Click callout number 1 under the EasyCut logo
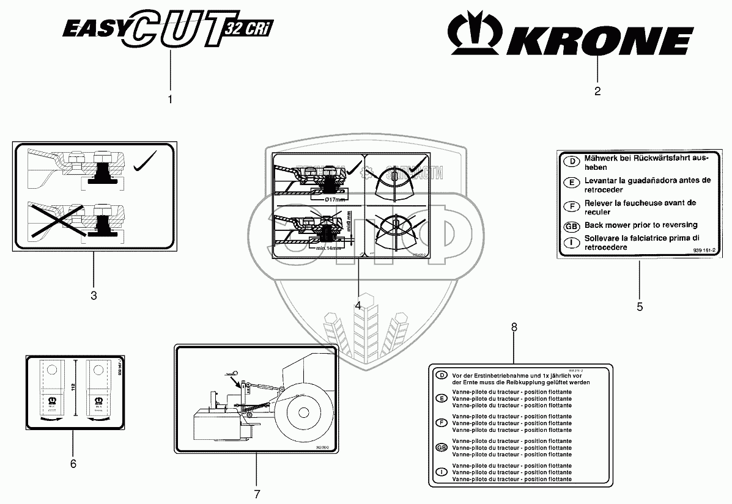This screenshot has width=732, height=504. pos(170,99)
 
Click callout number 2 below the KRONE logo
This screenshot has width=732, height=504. pos(597,92)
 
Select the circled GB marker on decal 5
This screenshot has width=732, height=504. pos(571,226)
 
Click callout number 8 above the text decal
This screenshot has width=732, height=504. pos(514,327)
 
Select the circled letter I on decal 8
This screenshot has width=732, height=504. pos(441,472)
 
